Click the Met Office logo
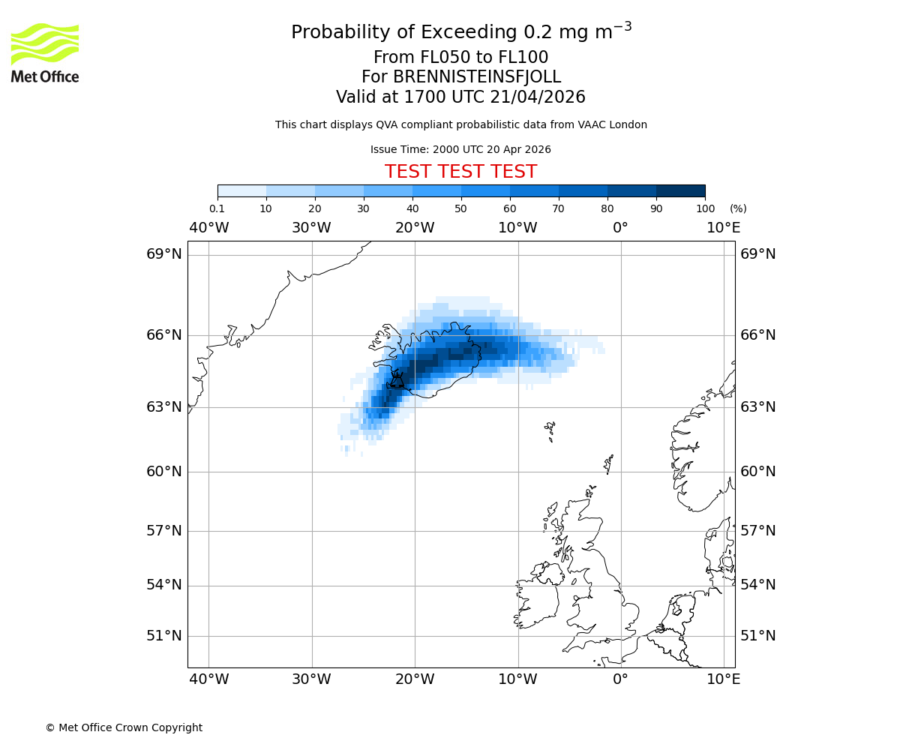tap(45, 52)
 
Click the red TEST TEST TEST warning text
tap(460, 172)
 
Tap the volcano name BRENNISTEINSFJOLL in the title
tap(477, 77)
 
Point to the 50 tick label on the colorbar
tap(460, 208)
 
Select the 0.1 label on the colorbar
tap(217, 208)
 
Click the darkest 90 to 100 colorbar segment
tap(680, 190)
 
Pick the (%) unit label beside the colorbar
tap(738, 208)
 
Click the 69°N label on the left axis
tap(163, 254)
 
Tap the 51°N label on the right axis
tap(757, 636)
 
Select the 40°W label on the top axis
tap(208, 228)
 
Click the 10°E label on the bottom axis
tap(723, 679)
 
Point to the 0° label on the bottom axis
tap(620, 679)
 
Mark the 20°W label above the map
tap(415, 228)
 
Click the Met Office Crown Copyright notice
tap(124, 727)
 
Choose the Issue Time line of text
tap(460, 149)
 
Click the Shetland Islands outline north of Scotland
tap(609, 463)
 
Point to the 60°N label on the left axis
tap(163, 472)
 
